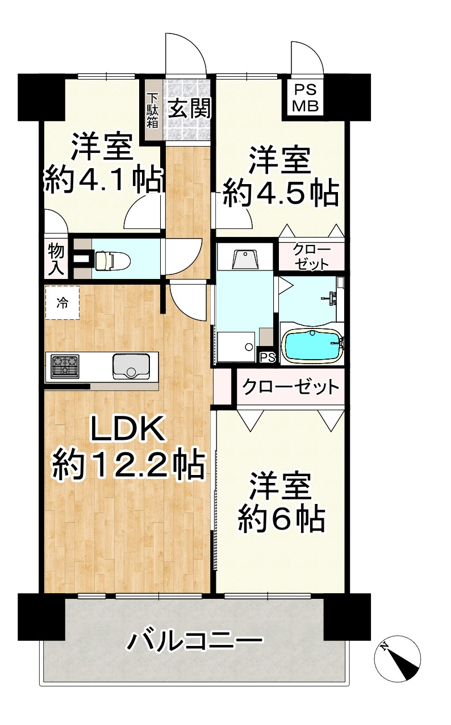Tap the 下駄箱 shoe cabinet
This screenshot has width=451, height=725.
point(152,110)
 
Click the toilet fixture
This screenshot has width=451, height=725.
point(112,260)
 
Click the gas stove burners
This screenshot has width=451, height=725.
point(65,366)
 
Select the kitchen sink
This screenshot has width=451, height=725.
point(131,366)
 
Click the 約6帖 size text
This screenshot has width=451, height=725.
point(282,518)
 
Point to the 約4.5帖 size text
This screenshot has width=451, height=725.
point(281,194)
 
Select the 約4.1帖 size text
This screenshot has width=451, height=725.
point(104,181)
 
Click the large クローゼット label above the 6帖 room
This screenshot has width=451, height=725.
point(290,388)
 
